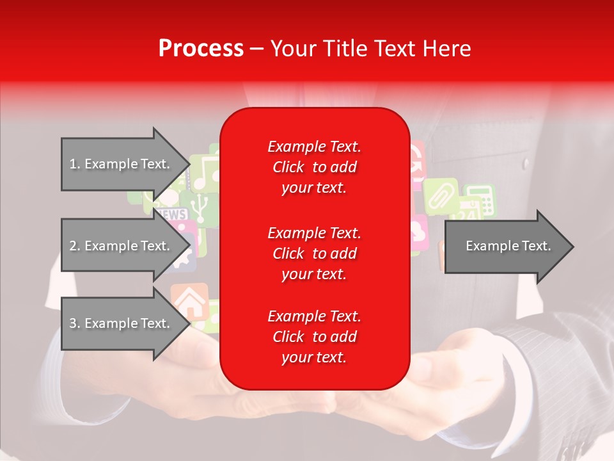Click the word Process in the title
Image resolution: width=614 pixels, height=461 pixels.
pyautogui.click(x=201, y=49)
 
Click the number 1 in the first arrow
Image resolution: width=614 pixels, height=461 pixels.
pyautogui.click(x=73, y=164)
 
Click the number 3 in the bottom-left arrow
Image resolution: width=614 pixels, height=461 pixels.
pyautogui.click(x=73, y=323)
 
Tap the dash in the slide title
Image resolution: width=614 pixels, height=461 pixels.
pyautogui.click(x=256, y=49)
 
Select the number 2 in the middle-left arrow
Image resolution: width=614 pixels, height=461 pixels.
pyautogui.click(x=73, y=246)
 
